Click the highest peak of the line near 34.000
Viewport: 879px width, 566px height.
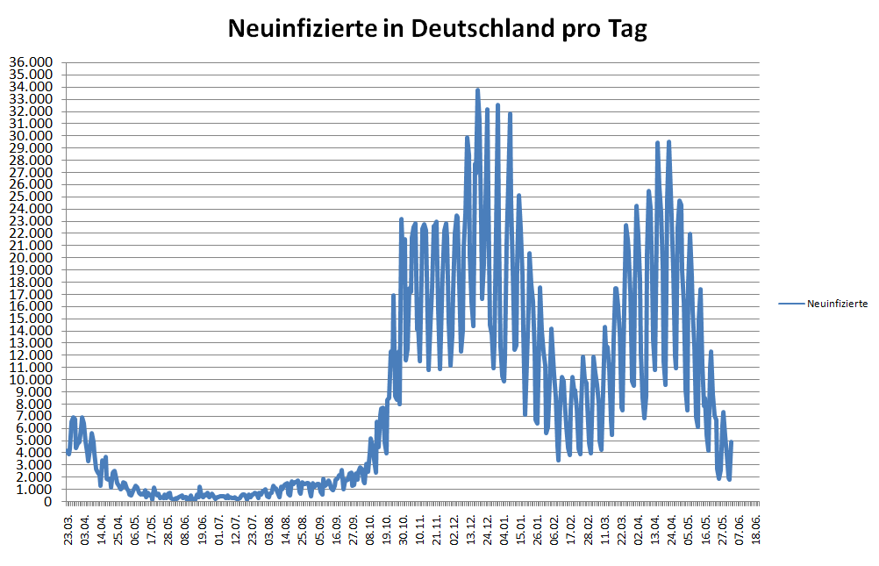coord(477,90)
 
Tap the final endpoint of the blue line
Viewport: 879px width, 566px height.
coord(731,442)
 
